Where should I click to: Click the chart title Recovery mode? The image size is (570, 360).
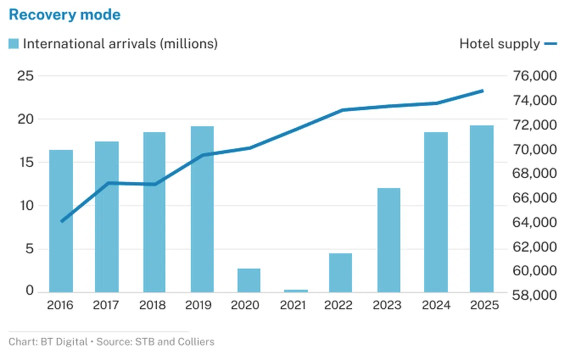64,14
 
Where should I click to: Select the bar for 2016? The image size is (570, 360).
61,220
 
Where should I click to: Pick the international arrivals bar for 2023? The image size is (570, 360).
388,240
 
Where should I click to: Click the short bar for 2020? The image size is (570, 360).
248,280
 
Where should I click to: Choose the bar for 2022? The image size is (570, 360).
340,272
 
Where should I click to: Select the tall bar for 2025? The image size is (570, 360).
481,208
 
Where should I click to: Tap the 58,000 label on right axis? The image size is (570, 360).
534,295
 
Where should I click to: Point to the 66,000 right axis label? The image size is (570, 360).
534,198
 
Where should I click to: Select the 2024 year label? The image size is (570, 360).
436,305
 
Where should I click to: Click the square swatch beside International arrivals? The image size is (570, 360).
14,44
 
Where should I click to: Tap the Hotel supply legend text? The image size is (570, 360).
499,44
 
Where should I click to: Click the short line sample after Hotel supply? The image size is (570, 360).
550,44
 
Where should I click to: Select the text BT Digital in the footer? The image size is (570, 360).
59,342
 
